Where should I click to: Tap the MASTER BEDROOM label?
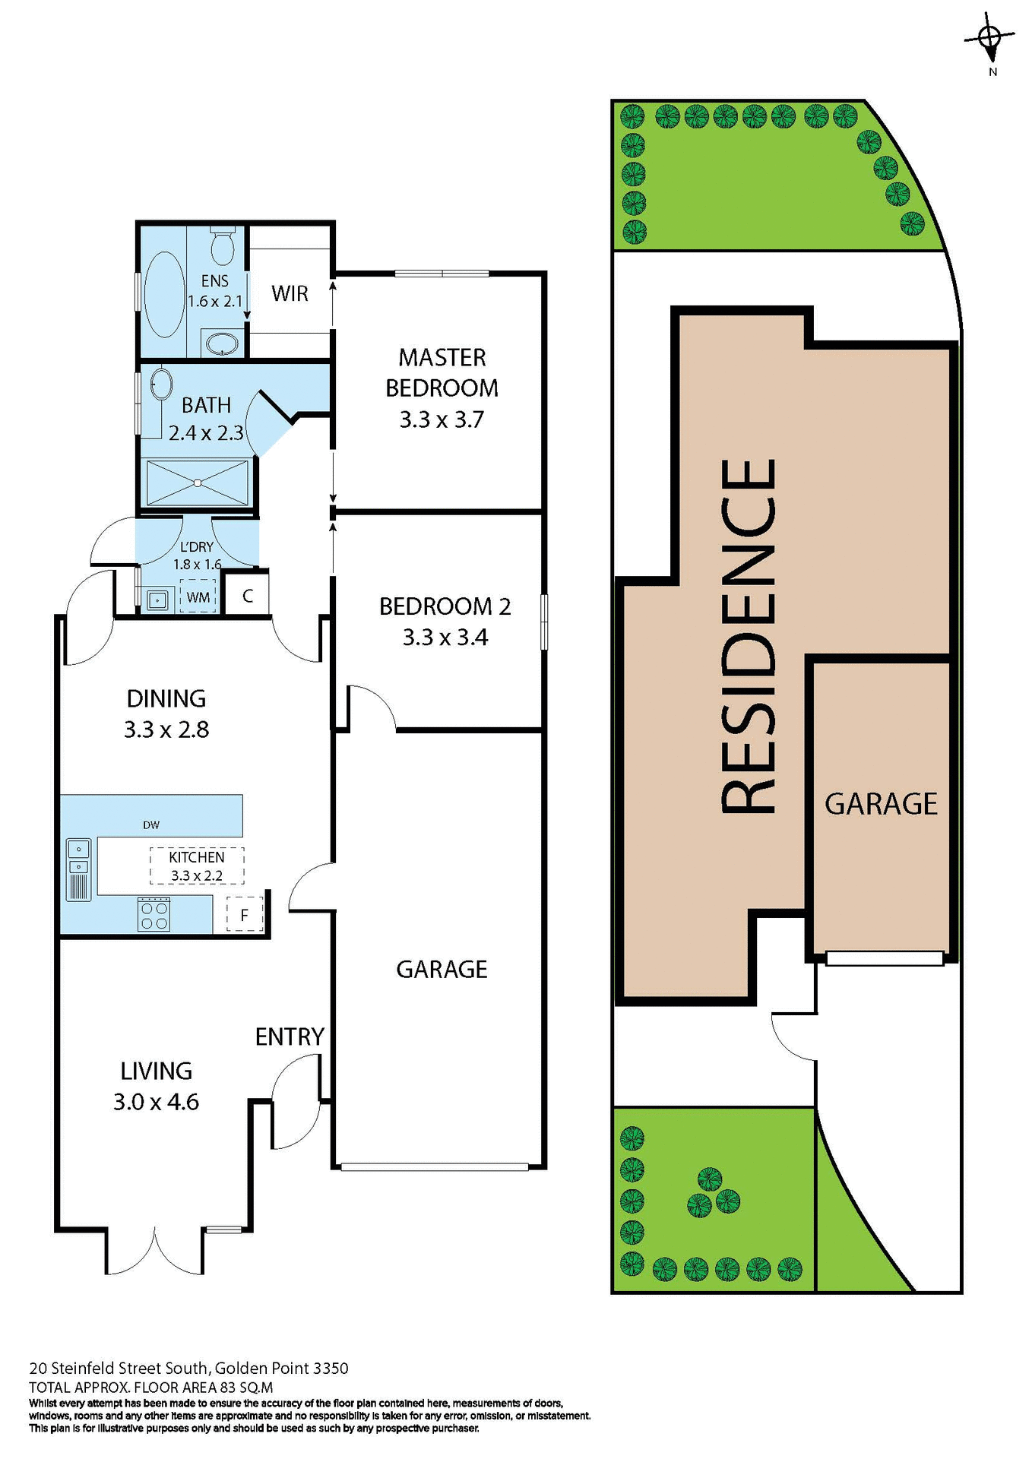pyautogui.click(x=442, y=372)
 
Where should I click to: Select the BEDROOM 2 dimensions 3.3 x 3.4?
pyautogui.click(x=445, y=638)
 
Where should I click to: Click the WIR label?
pyautogui.click(x=290, y=293)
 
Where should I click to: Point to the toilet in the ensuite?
pyautogui.click(x=222, y=245)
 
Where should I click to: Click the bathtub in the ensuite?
pyautogui.click(x=163, y=294)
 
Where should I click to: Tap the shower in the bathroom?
pyautogui.click(x=198, y=483)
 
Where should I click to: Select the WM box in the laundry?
pyautogui.click(x=198, y=597)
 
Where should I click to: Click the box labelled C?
pyautogui.click(x=248, y=597)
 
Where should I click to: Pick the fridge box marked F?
pyautogui.click(x=245, y=915)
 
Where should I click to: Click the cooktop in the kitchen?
pyautogui.click(x=154, y=914)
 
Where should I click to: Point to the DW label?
pyautogui.click(x=151, y=824)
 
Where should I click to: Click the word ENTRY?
pyautogui.click(x=290, y=1036)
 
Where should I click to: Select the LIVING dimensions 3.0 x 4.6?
pyautogui.click(x=156, y=1102)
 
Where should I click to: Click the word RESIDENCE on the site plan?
pyautogui.click(x=749, y=636)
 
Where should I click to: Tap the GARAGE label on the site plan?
pyautogui.click(x=881, y=804)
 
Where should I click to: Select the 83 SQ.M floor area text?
pyautogui.click(x=246, y=1387)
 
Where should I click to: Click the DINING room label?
pyautogui.click(x=166, y=698)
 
